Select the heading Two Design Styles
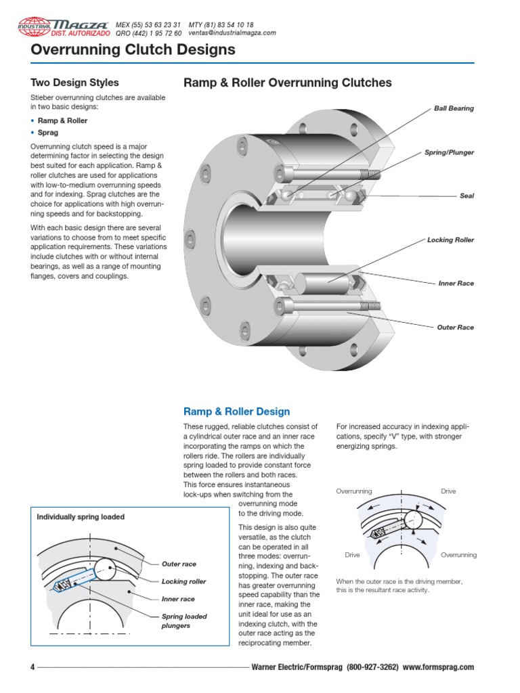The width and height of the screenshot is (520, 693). point(74,83)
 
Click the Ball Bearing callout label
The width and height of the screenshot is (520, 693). point(454,108)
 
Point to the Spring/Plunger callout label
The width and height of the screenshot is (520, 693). point(449,152)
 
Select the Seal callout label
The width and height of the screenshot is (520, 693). point(467,196)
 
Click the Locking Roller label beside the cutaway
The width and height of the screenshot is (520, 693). point(450,240)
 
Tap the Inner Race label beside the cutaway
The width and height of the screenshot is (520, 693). point(456,284)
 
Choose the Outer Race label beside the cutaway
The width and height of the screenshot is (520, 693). point(455,328)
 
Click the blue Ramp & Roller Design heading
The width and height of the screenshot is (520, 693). point(236,411)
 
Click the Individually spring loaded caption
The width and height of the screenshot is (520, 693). point(81,517)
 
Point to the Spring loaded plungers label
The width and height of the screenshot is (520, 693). point(184,621)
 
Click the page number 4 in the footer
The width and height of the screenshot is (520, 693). point(32,667)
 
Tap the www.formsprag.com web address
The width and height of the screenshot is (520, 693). point(438,667)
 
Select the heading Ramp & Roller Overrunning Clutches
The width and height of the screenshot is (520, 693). point(288,83)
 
